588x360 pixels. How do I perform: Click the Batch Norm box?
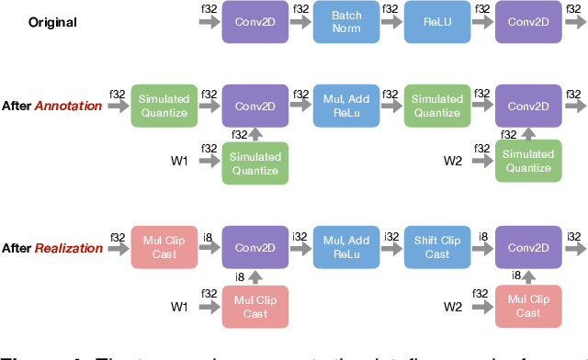pyautogui.click(x=345, y=21)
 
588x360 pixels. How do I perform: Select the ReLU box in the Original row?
pyautogui.click(x=436, y=21)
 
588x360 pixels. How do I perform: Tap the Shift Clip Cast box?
pyautogui.click(x=436, y=247)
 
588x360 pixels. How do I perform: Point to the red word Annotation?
pyautogui.click(x=68, y=106)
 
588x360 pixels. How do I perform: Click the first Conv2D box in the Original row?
pyautogui.click(x=254, y=21)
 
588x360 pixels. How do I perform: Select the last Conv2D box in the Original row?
pyautogui.click(x=527, y=21)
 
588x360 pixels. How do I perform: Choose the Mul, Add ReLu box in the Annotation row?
pyautogui.click(x=345, y=106)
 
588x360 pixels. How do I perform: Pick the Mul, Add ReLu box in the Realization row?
pyautogui.click(x=345, y=247)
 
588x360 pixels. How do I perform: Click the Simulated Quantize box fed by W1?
pyautogui.click(x=254, y=163)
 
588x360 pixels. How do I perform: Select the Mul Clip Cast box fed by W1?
pyautogui.click(x=254, y=307)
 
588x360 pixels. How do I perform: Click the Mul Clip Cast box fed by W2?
pyautogui.click(x=527, y=307)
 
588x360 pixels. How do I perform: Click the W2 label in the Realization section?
pyautogui.click(x=452, y=307)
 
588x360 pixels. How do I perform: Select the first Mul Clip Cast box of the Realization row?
pyautogui.click(x=164, y=247)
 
